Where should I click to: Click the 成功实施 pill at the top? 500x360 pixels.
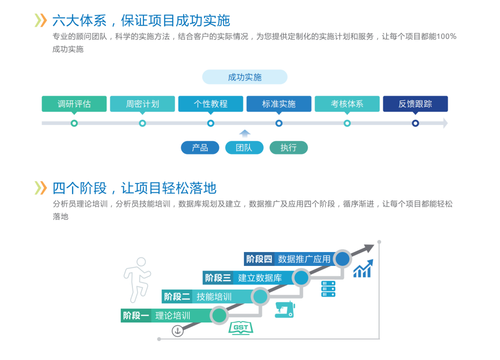(244, 77)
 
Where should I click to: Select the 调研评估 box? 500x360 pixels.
(74, 104)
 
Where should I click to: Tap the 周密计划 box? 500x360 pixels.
(142, 104)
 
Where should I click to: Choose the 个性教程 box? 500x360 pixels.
(211, 104)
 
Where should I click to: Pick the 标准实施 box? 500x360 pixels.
(279, 104)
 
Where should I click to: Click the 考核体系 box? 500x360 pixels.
(347, 104)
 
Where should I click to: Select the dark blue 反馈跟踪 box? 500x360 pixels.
(415, 104)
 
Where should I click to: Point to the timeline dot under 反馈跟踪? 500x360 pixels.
(415, 123)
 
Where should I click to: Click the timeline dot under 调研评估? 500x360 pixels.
(74, 123)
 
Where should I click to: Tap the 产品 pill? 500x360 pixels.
(200, 148)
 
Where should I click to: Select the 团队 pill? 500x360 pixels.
(244, 148)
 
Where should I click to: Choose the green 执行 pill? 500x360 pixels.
(288, 148)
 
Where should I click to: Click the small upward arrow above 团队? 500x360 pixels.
(245, 133)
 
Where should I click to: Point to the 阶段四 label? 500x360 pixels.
(259, 259)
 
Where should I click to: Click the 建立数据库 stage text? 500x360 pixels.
(260, 278)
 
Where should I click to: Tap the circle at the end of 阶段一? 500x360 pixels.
(219, 316)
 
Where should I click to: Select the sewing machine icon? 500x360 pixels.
(284, 309)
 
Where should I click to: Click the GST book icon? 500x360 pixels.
(241, 328)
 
